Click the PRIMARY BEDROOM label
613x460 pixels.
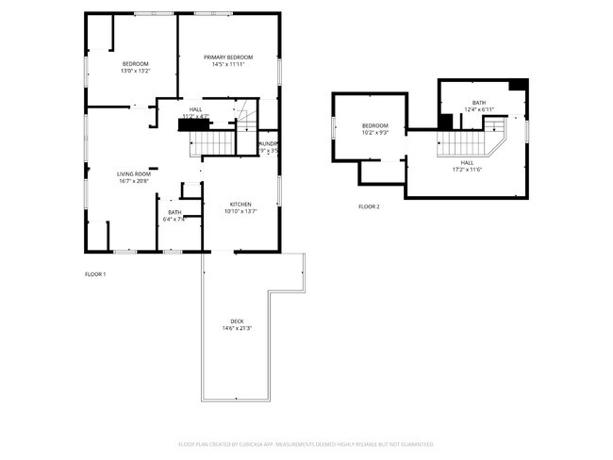pos(229,57)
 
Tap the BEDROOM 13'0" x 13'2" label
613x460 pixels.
pos(136,64)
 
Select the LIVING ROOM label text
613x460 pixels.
pos(134,173)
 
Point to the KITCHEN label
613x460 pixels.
pos(240,205)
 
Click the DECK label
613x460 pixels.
pos(237,321)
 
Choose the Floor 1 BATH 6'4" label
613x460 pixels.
pos(174,212)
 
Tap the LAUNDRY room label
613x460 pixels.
pos(269,143)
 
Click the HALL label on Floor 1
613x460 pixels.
pos(195,109)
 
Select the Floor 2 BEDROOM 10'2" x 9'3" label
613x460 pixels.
pos(374,125)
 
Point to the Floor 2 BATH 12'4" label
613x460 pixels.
pos(479,103)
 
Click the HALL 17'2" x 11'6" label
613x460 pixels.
pos(468,162)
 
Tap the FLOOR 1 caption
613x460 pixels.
pos(95,274)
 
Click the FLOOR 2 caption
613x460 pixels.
pos(369,206)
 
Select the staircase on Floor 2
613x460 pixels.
pos(465,143)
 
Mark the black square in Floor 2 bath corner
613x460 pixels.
pos(517,85)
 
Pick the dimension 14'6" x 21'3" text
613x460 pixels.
pos(237,328)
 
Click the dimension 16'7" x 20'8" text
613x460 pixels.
pos(134,180)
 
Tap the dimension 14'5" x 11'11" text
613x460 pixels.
pos(229,64)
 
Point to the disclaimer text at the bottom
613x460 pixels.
pos(306,443)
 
